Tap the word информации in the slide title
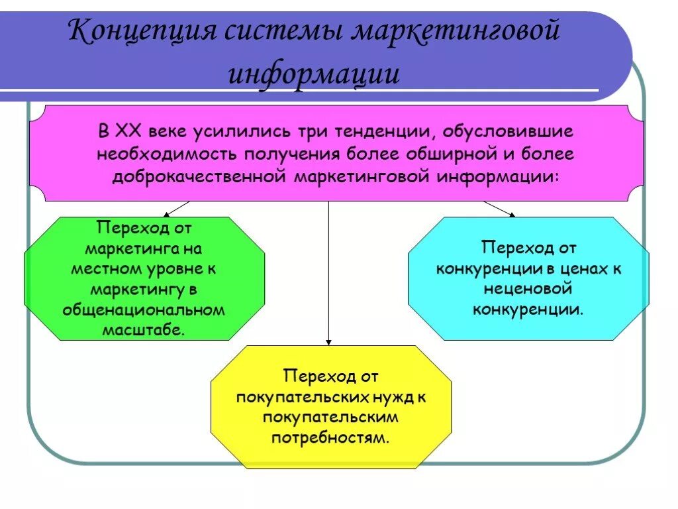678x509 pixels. (314, 74)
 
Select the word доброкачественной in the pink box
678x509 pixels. (199, 177)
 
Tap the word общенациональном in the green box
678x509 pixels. (144, 310)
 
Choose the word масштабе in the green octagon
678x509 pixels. (144, 329)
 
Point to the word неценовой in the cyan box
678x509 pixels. (528, 289)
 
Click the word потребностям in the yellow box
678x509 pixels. (330, 437)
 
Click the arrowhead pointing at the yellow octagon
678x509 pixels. (329, 341)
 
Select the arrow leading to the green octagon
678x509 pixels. (175, 209)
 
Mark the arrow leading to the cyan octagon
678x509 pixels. (499, 209)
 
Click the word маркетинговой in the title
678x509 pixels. (455, 31)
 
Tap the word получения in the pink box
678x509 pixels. (293, 154)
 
